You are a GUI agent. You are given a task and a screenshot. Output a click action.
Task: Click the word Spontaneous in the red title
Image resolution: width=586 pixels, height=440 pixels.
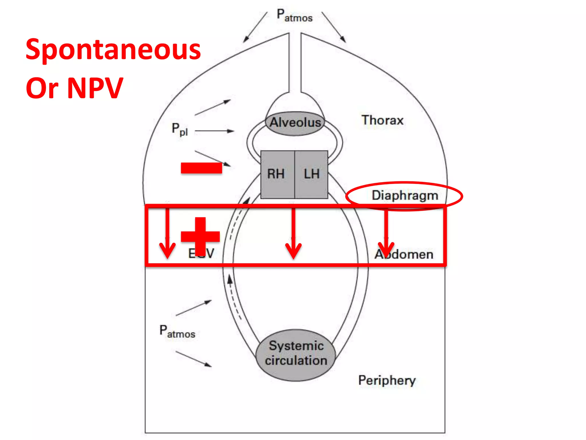coord(113,50)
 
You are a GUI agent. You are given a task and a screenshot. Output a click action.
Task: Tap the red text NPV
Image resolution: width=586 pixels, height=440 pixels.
coord(95,88)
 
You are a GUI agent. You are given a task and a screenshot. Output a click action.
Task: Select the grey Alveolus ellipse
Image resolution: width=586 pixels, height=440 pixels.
coord(295,123)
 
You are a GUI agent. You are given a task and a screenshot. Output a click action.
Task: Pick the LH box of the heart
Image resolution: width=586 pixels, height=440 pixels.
coord(311,174)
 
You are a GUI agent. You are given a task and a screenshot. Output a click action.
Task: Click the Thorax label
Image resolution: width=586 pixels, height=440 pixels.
coord(382,120)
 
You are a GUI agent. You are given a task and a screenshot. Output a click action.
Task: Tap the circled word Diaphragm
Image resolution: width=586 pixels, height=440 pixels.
coord(405,196)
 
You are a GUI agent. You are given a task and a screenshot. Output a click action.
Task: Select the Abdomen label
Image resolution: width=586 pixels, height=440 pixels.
coord(404,254)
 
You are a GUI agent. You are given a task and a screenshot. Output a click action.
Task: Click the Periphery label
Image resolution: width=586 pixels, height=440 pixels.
coord(387,380)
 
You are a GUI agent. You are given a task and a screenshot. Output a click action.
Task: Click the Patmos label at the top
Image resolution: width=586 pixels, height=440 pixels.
coord(294,15)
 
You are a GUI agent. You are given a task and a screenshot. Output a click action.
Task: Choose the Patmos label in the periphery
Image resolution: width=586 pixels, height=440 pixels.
coord(177,332)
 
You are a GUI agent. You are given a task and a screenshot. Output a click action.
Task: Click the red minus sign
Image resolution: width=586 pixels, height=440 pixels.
coord(201,168)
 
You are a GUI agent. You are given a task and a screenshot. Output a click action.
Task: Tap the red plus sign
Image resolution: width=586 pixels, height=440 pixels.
coord(200,236)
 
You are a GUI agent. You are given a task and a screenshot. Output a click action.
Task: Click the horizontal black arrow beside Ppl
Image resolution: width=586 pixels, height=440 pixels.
coord(214,131)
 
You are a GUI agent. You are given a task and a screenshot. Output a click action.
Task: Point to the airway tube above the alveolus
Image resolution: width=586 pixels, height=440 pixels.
coord(295,63)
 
